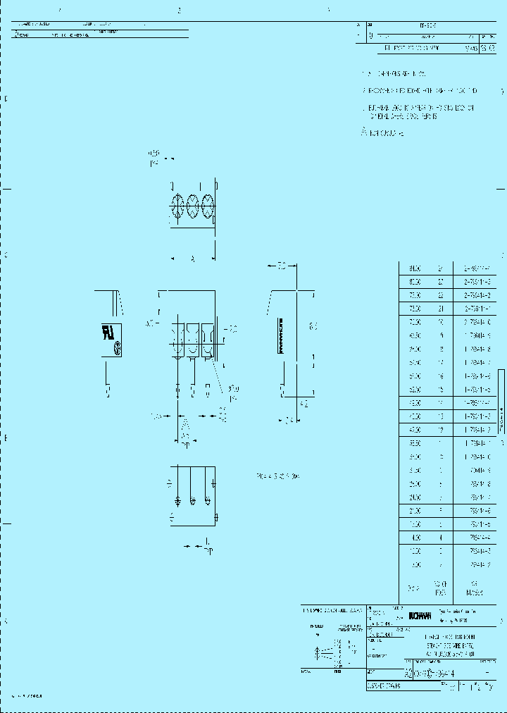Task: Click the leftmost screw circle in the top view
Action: point(177,206)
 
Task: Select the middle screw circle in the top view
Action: point(192,206)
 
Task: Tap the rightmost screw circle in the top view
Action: point(207,206)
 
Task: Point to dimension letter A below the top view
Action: point(192,259)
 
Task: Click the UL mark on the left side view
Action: point(109,333)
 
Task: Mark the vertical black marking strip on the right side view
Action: point(281,336)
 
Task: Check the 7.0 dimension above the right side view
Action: point(281,266)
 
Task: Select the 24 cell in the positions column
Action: point(441,268)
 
